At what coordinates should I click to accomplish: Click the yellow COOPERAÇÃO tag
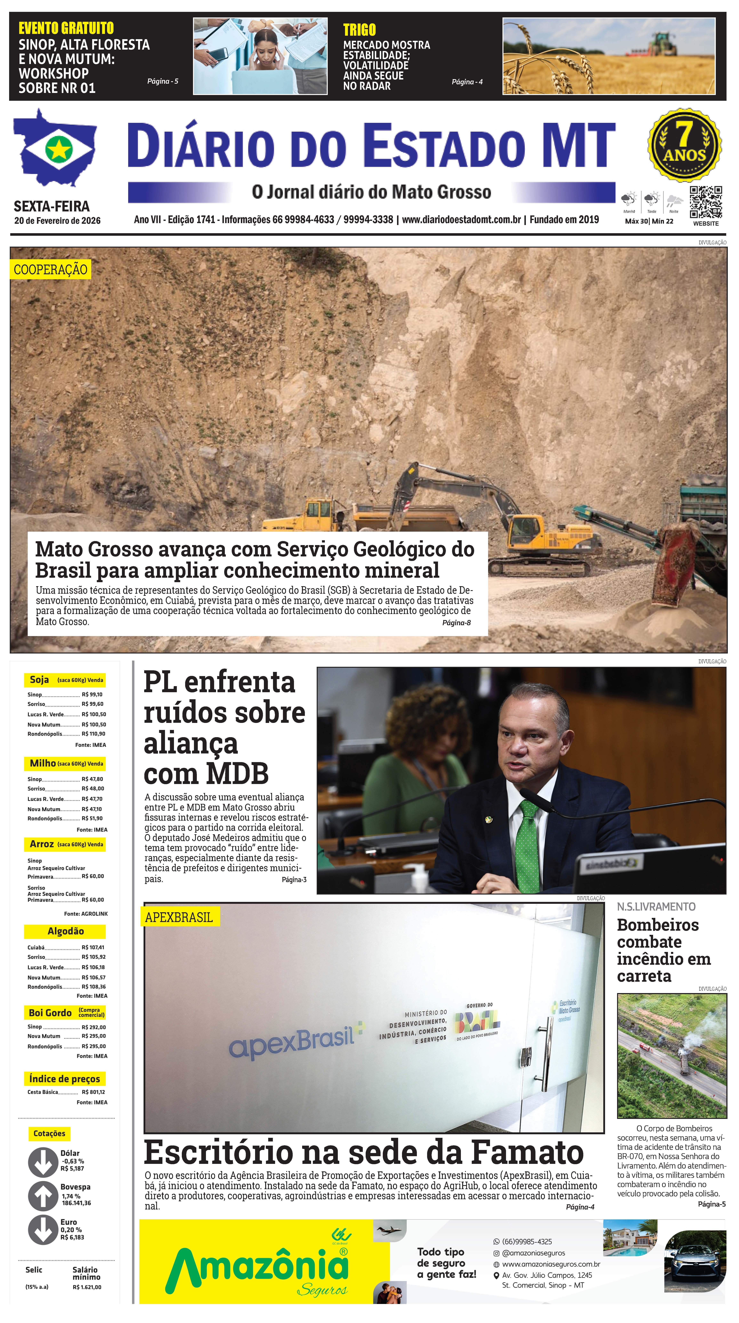(50, 270)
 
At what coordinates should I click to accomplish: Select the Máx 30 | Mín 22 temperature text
(649, 221)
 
